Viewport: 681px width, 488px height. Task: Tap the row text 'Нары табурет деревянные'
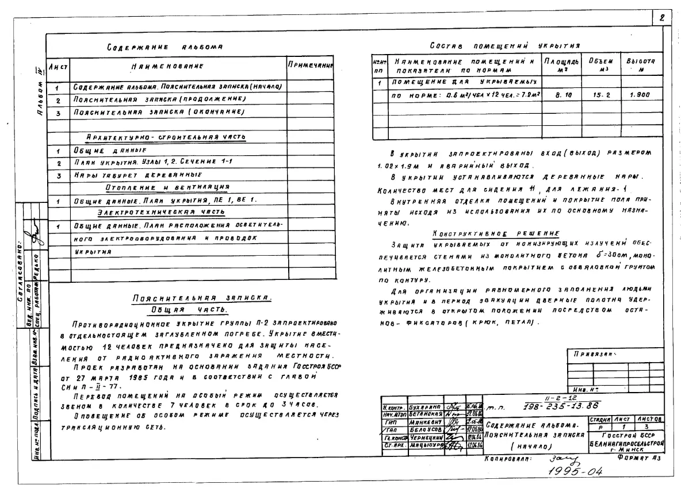(136, 175)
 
